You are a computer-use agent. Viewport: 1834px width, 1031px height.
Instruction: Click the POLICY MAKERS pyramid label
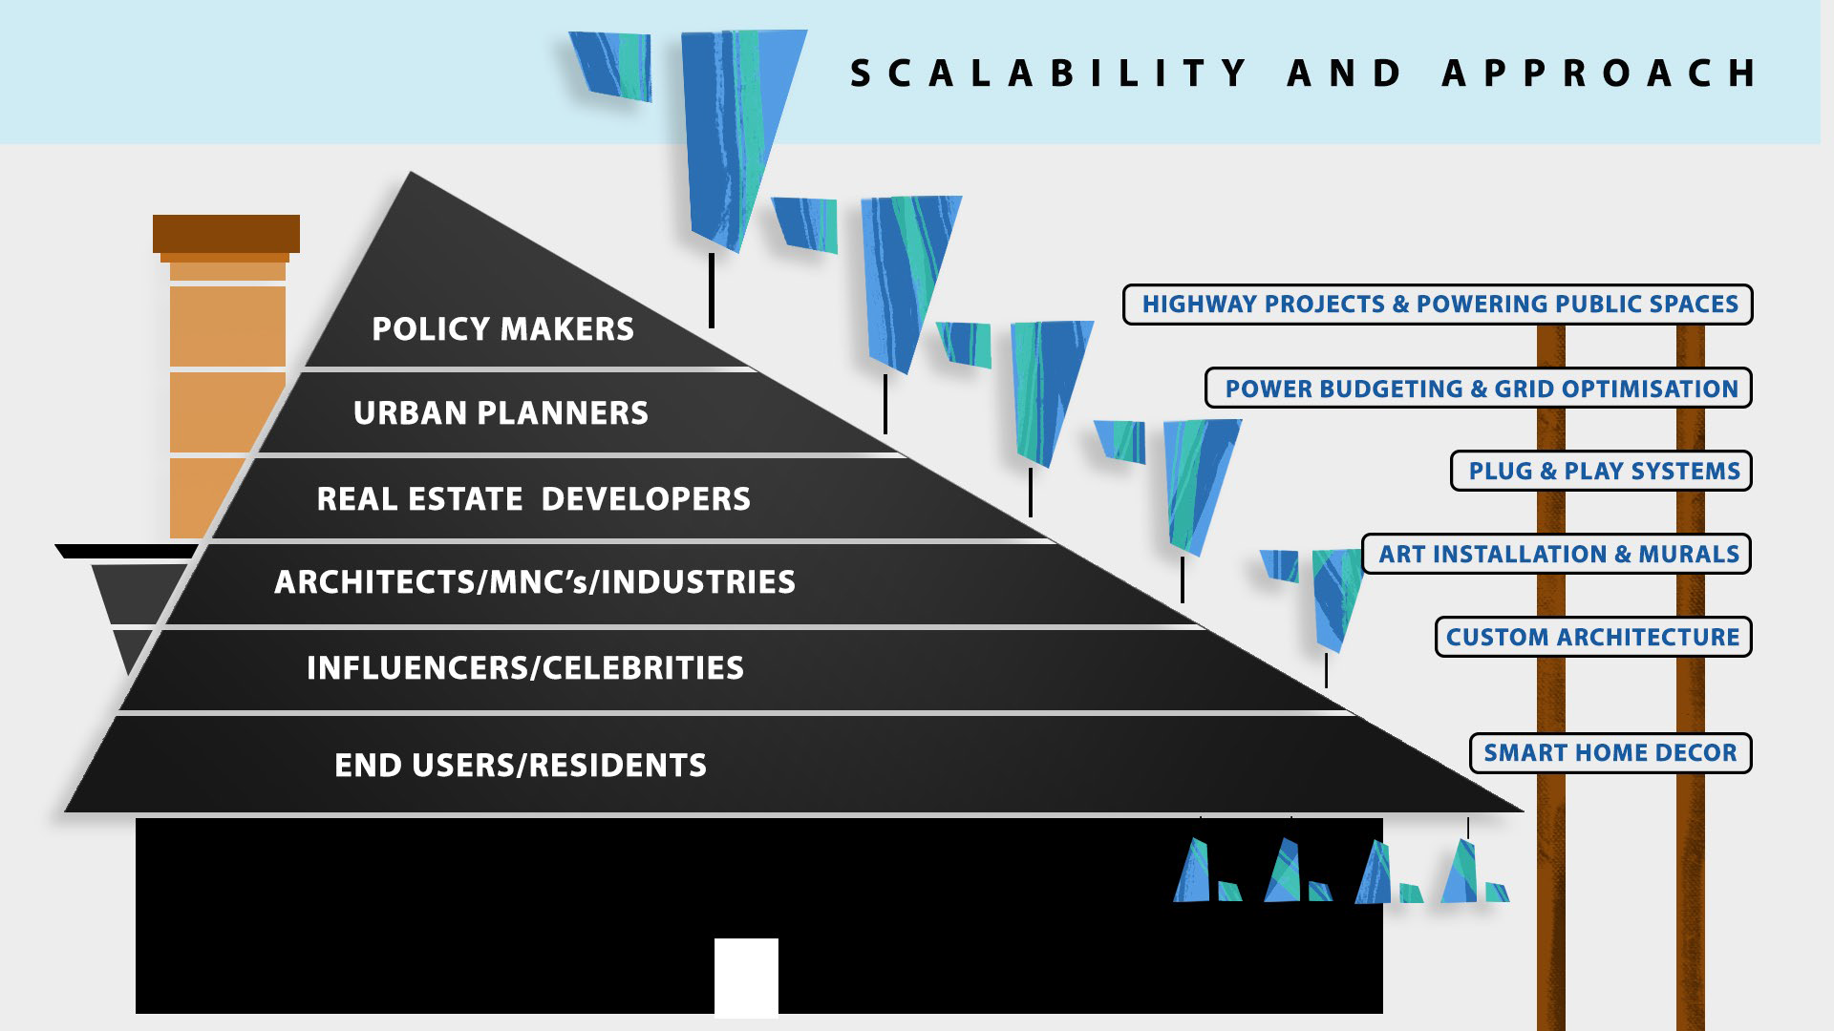(502, 329)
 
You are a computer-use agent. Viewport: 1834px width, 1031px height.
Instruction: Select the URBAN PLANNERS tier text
(501, 413)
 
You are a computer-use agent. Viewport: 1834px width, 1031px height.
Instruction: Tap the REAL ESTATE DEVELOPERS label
(533, 499)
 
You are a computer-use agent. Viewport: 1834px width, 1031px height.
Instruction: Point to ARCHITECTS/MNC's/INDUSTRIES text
(535, 582)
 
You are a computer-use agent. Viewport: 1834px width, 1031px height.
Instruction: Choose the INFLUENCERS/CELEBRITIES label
(525, 668)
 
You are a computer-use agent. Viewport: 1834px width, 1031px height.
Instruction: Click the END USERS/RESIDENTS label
(521, 766)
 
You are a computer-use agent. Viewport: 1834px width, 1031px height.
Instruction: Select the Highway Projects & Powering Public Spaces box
(1438, 305)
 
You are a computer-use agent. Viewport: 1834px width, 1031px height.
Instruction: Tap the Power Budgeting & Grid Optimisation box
(1479, 389)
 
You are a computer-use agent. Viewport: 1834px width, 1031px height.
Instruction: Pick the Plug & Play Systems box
(1601, 472)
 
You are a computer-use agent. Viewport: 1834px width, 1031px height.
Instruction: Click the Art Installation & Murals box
(1556, 555)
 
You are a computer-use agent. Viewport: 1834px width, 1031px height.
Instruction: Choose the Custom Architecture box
(1593, 638)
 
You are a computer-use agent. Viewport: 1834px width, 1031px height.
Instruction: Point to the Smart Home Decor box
(1610, 753)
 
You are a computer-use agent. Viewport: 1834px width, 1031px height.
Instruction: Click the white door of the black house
(746, 978)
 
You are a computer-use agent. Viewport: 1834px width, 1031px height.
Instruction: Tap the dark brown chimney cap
(226, 234)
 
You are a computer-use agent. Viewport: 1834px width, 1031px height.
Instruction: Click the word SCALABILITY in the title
(1049, 74)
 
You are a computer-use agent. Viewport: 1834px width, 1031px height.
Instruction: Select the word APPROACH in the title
(1600, 74)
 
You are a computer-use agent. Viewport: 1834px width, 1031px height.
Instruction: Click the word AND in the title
(1345, 74)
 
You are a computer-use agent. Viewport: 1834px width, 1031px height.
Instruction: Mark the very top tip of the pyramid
(411, 175)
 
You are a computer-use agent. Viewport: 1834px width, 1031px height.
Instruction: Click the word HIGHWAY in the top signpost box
(1199, 305)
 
